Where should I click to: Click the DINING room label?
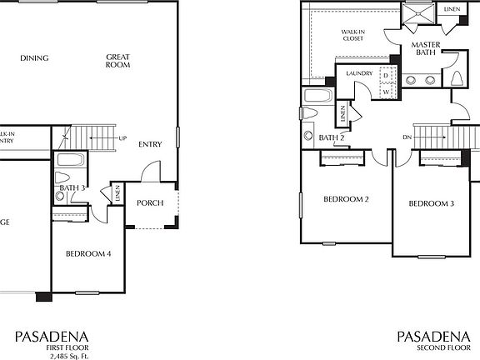[x=34, y=58]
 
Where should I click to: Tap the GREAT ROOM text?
[x=118, y=62]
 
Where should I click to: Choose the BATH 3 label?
[x=72, y=187]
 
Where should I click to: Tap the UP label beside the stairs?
[x=122, y=138]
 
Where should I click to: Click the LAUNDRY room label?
[x=358, y=74]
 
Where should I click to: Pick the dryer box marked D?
[x=386, y=73]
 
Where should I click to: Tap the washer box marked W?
[x=386, y=92]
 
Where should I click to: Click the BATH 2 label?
[x=332, y=137]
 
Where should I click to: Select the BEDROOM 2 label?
[x=346, y=199]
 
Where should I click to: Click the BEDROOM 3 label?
[x=431, y=203]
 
